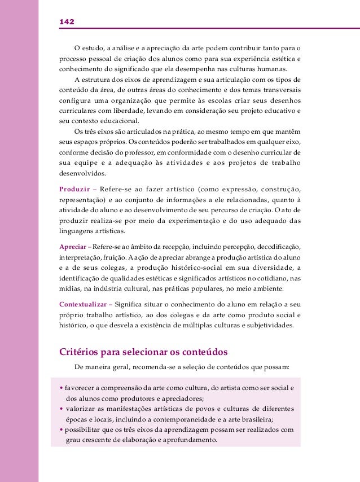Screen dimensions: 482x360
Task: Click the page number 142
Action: [67, 21]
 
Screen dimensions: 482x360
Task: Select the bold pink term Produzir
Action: [75, 188]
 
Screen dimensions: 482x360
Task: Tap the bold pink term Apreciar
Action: [73, 247]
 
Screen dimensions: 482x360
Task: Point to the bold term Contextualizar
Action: [83, 305]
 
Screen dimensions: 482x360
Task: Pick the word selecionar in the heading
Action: [142, 352]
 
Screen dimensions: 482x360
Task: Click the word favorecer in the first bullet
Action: [80, 388]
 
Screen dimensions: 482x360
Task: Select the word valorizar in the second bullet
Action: [82, 409]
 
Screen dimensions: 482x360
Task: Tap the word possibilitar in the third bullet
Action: [83, 429]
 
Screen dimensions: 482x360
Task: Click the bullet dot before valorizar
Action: [61, 409]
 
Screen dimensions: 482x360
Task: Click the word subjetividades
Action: [270, 326]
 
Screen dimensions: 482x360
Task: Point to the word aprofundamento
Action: [187, 439]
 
